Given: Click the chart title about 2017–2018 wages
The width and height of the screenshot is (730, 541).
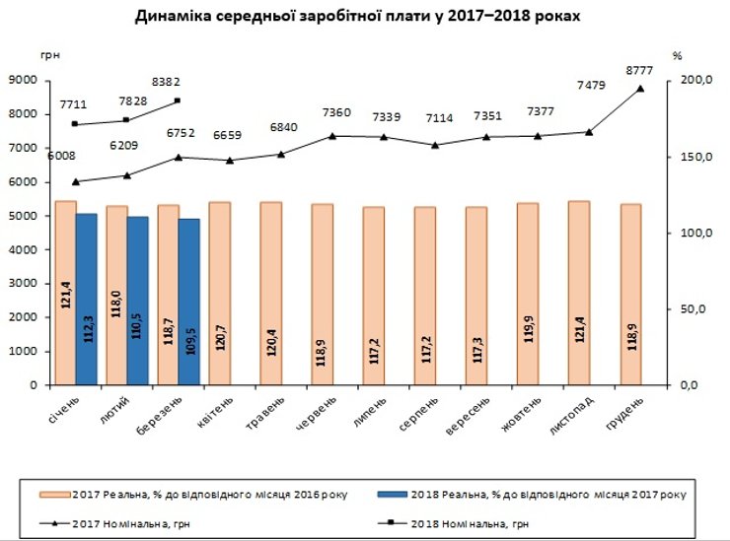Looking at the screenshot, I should tap(364, 18).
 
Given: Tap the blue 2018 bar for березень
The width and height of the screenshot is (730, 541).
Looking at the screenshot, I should tap(187, 302).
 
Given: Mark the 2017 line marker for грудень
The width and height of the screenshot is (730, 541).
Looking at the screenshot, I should tap(640, 89).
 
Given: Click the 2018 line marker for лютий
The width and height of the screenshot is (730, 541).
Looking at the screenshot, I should tap(126, 120).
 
